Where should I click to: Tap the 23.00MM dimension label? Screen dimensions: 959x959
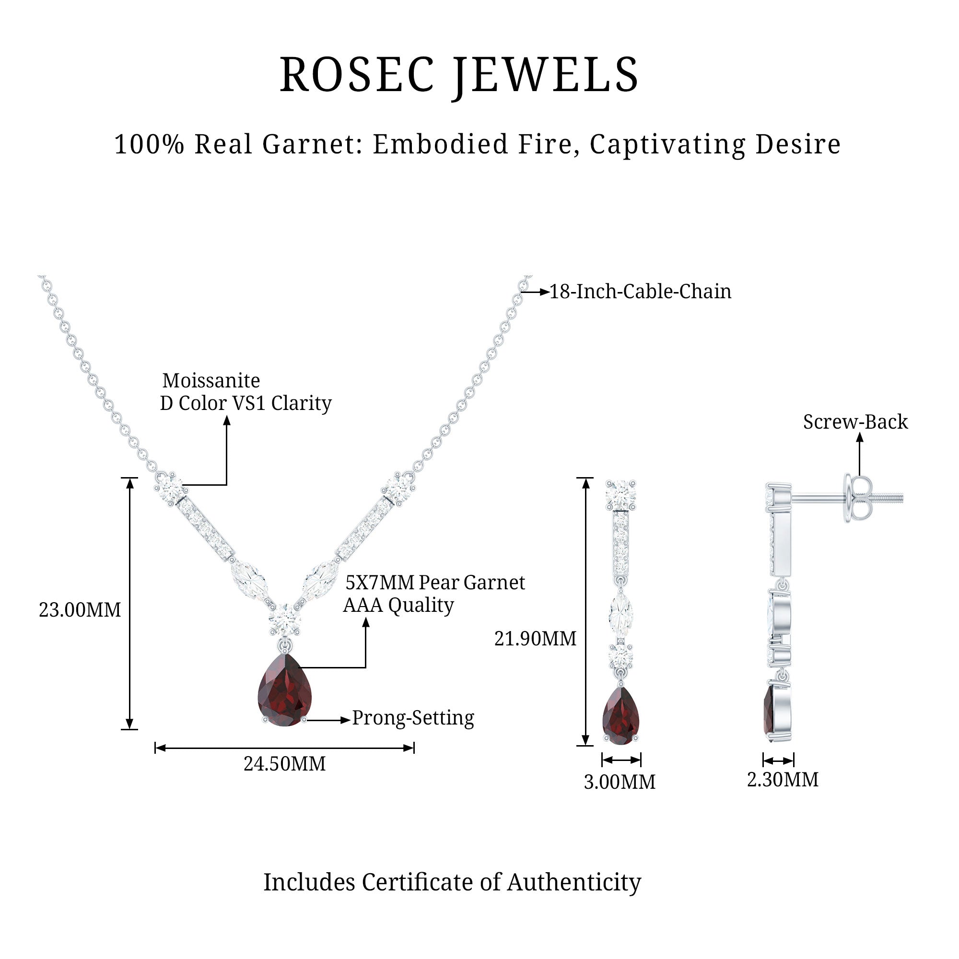tap(80, 610)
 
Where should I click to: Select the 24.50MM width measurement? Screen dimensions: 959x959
tap(284, 764)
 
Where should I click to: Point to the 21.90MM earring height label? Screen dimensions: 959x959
tap(535, 639)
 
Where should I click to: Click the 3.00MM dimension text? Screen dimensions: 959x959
tap(620, 782)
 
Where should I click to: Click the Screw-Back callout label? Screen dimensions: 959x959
tap(855, 422)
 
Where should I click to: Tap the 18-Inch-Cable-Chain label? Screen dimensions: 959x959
tap(640, 292)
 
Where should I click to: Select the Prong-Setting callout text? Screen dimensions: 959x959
tap(413, 718)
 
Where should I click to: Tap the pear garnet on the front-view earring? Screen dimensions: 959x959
tap(620, 717)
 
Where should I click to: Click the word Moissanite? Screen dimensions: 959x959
tap(211, 381)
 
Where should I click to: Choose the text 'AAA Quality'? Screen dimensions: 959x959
tap(398, 605)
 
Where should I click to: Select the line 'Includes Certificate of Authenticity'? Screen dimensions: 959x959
tap(452, 882)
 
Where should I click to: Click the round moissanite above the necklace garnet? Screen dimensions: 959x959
tap(284, 619)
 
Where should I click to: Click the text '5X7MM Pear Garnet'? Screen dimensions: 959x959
tap(435, 583)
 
